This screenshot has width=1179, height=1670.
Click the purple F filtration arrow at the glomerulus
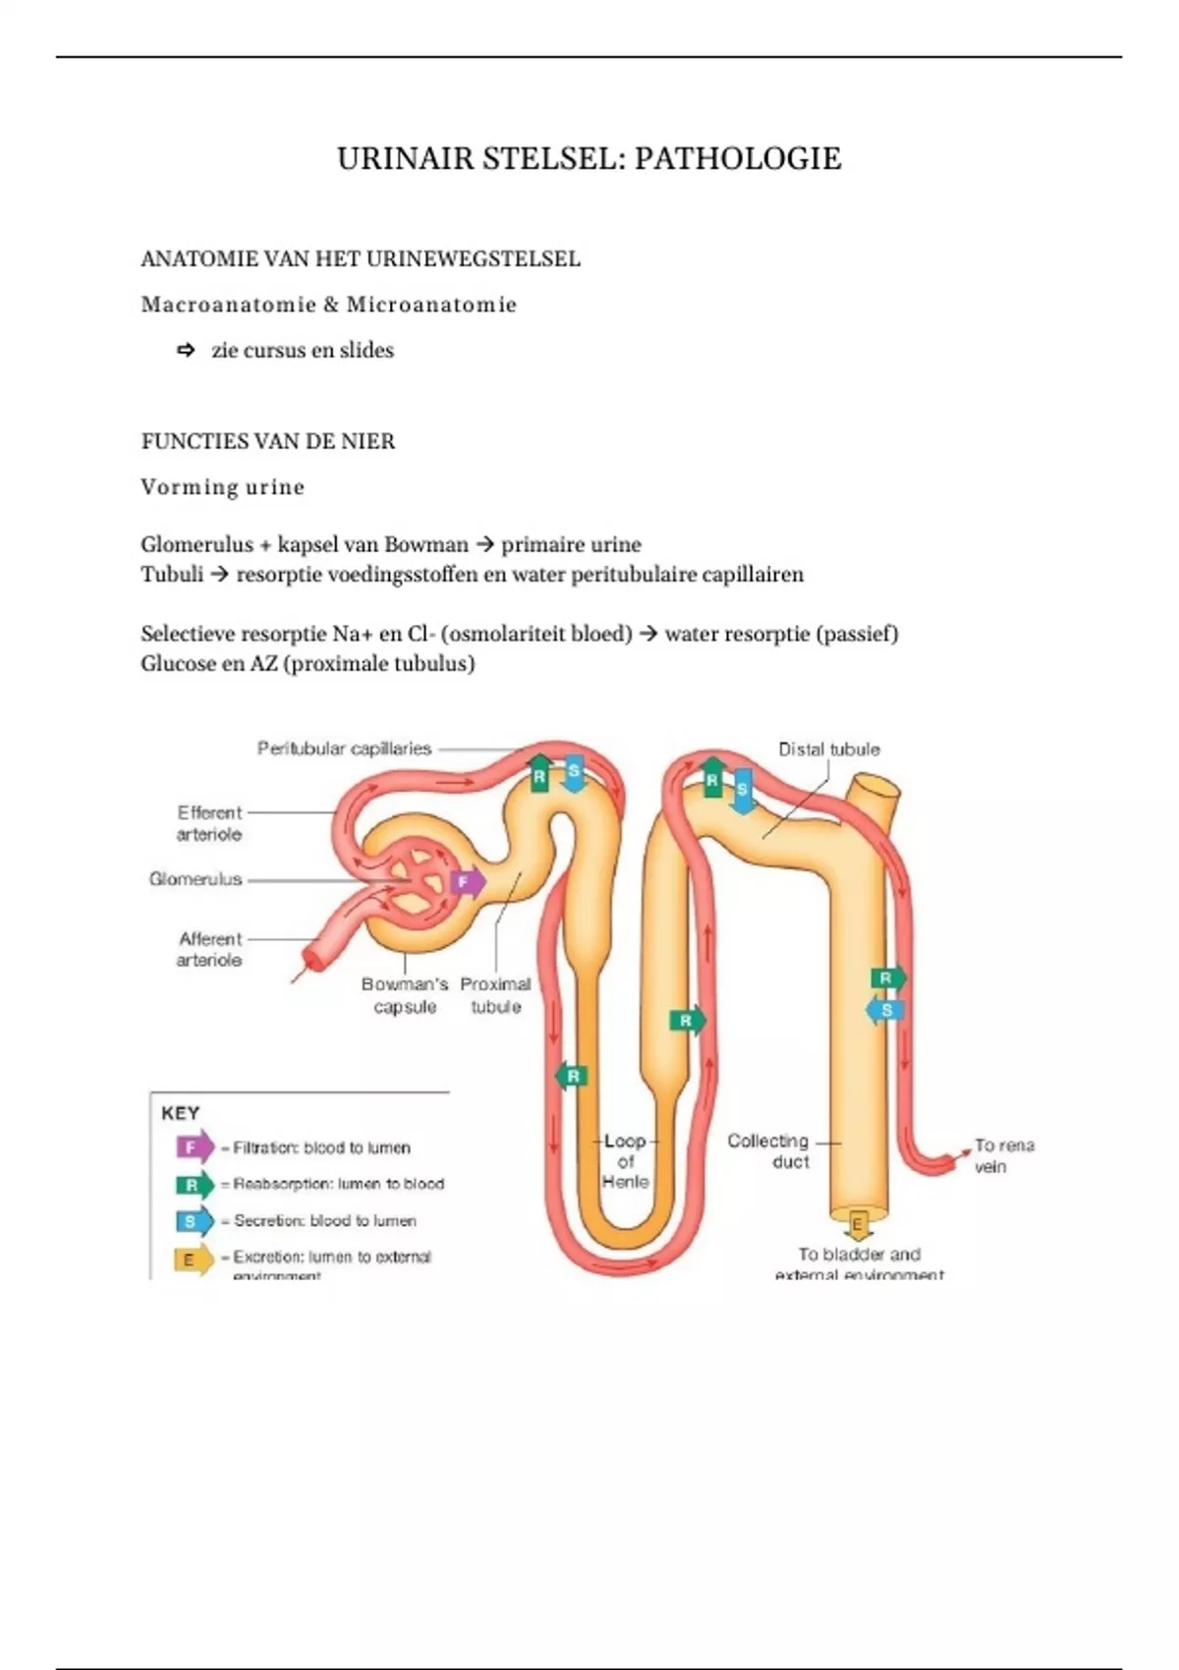(466, 882)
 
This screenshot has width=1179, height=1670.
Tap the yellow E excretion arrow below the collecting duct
(857, 1225)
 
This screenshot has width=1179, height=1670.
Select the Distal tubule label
(828, 750)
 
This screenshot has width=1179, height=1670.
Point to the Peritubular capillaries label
(344, 749)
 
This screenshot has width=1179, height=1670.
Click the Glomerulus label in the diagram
(196, 879)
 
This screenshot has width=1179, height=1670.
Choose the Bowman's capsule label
(404, 995)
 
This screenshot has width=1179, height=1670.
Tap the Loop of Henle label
(625, 1161)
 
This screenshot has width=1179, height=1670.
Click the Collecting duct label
(768, 1151)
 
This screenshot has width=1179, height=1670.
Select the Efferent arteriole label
(208, 823)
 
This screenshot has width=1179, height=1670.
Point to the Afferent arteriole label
(209, 949)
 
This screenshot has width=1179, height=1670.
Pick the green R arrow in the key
(194, 1185)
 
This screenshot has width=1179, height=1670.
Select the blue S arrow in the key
(194, 1221)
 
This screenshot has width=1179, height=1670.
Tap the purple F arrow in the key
(194, 1147)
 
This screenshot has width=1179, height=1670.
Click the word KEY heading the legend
(180, 1113)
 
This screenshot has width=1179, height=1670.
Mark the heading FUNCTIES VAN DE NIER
(268, 442)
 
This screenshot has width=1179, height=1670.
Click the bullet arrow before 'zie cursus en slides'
(186, 351)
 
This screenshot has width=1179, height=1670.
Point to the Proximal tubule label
(495, 995)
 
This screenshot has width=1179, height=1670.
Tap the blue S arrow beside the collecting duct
(884, 1010)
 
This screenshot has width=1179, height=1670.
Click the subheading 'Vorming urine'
(223, 487)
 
